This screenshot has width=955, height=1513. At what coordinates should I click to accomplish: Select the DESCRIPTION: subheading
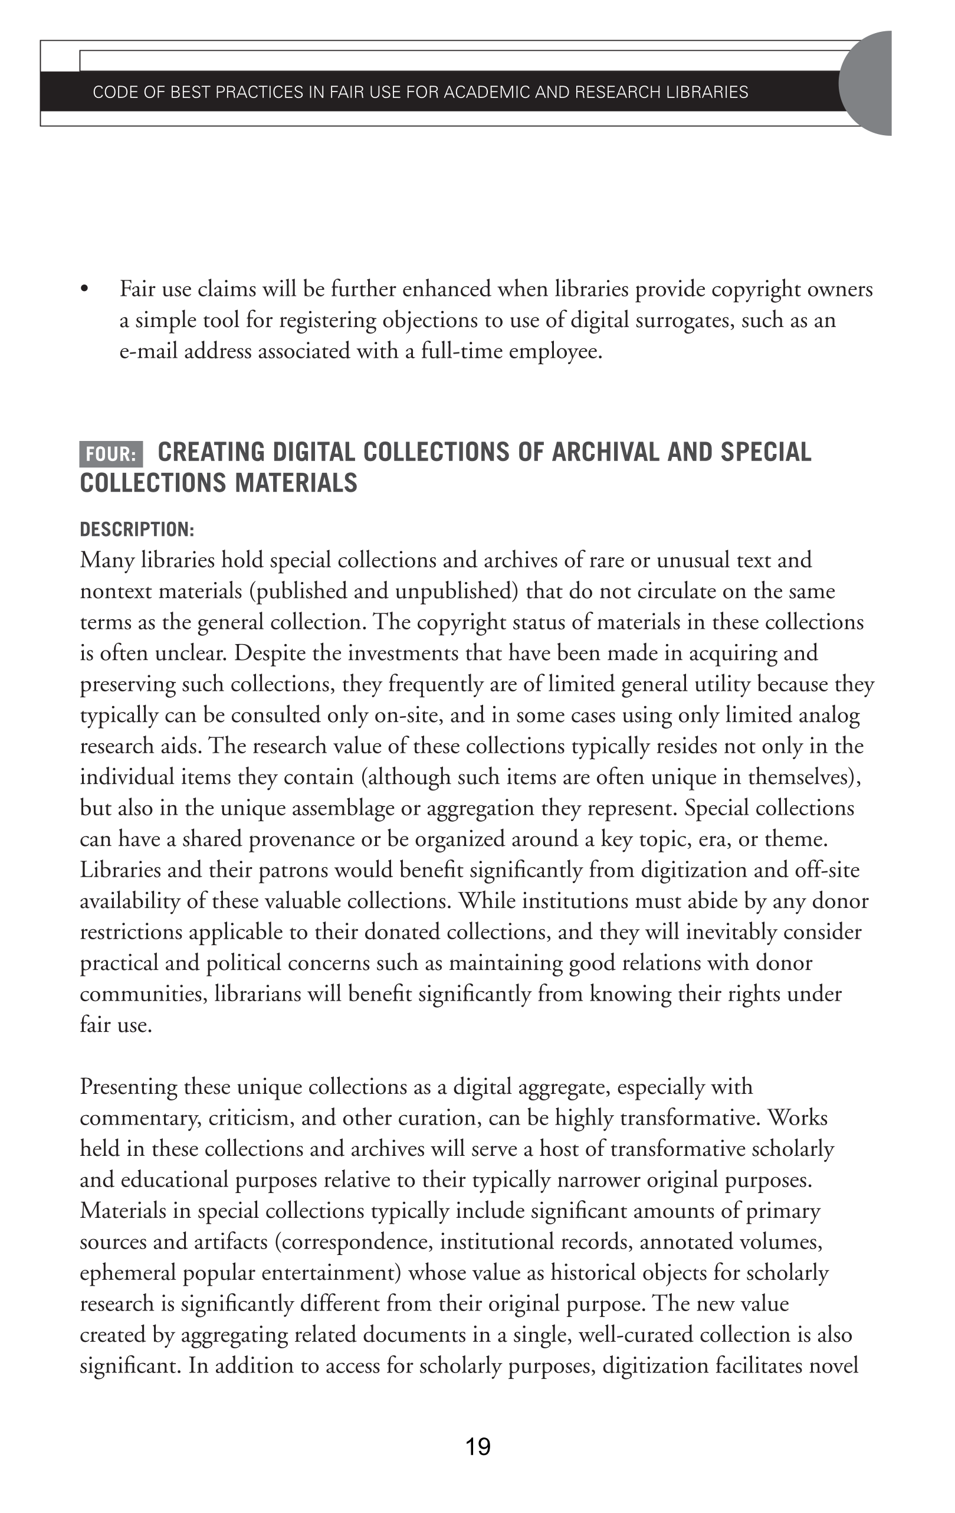(137, 530)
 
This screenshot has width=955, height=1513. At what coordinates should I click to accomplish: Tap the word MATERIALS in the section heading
(296, 483)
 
